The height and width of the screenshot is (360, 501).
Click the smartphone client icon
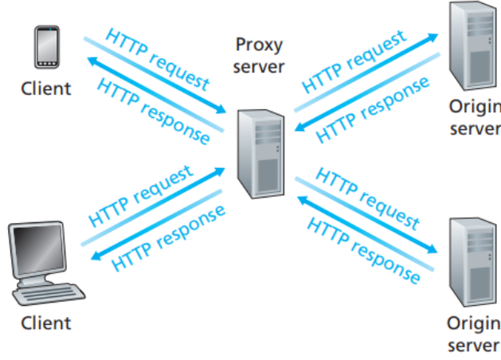[x=45, y=49]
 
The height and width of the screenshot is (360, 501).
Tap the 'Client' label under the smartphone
[x=45, y=88]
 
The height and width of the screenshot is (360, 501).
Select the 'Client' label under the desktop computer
[x=45, y=323]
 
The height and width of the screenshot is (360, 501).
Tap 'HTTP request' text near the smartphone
[x=158, y=60]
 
